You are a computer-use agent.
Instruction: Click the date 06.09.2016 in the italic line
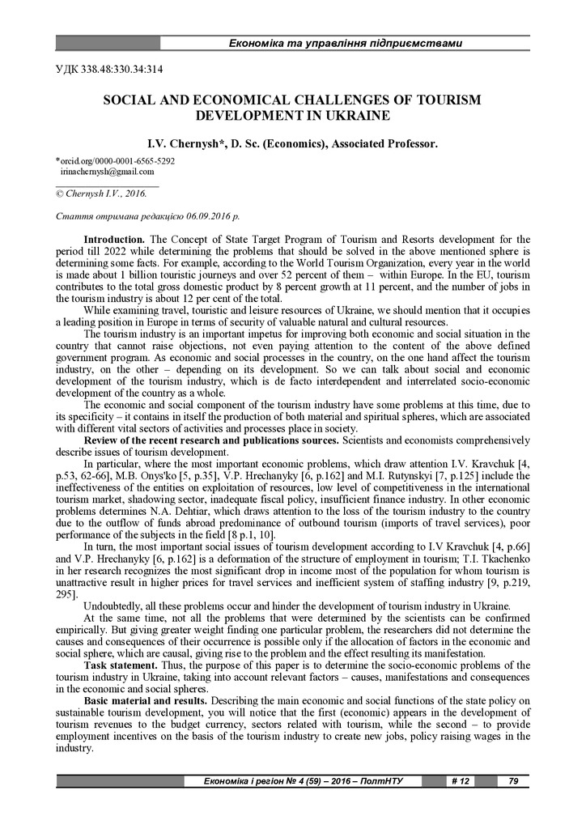[x=208, y=217]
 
